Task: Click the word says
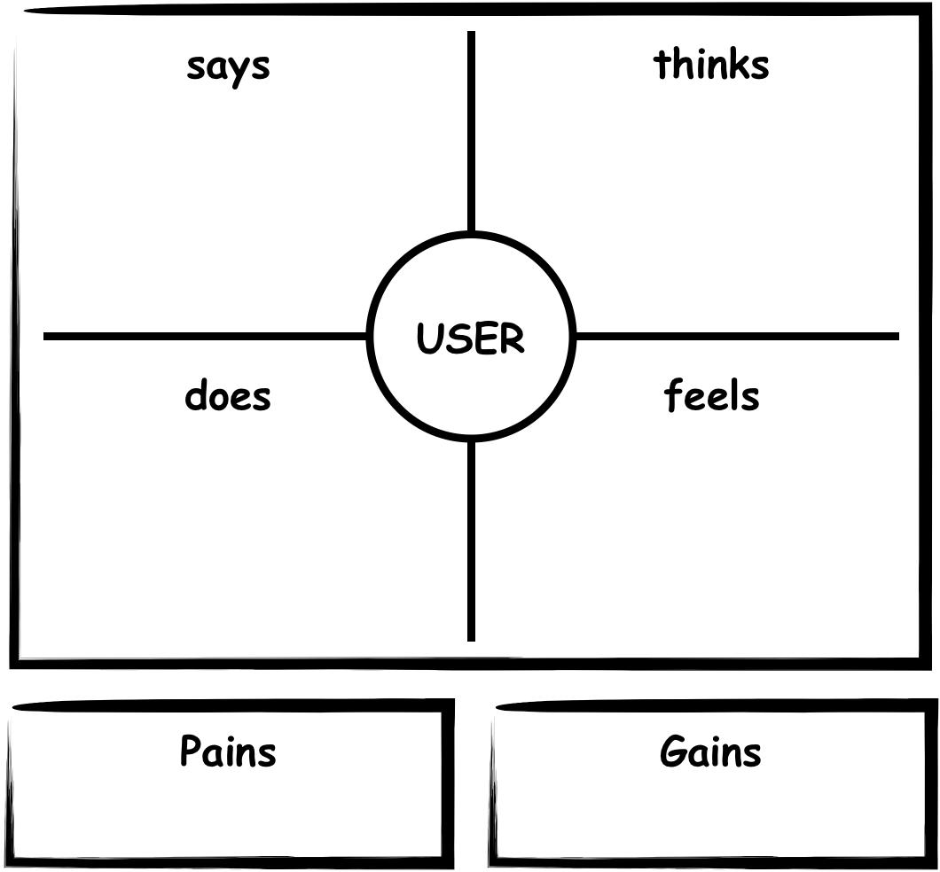228,66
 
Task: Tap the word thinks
711,65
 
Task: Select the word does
227,395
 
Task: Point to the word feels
711,395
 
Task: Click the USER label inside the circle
470,339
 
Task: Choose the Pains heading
228,751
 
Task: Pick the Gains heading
710,752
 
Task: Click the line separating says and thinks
471,133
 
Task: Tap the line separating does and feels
471,541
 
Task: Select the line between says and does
204,337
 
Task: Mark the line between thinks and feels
736,337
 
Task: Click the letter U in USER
429,339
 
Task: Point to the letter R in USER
512,339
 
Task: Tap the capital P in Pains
191,751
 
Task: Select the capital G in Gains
673,752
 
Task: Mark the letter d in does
196,395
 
